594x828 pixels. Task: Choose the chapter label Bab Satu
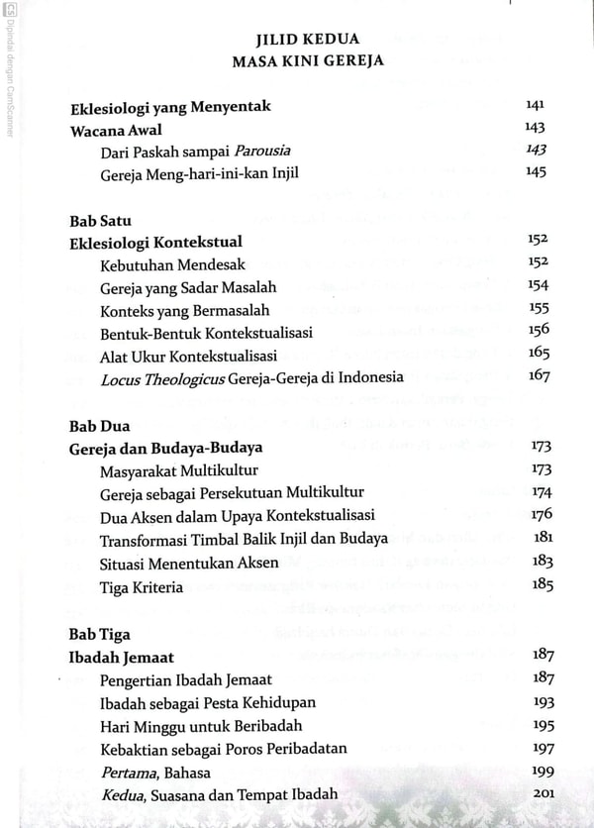tap(102, 219)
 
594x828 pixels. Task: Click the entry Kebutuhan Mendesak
tap(172, 264)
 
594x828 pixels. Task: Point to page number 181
tap(542, 537)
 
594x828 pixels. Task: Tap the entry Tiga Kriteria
tap(142, 585)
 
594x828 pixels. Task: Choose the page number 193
tap(543, 702)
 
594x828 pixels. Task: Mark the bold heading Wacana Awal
tap(116, 129)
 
